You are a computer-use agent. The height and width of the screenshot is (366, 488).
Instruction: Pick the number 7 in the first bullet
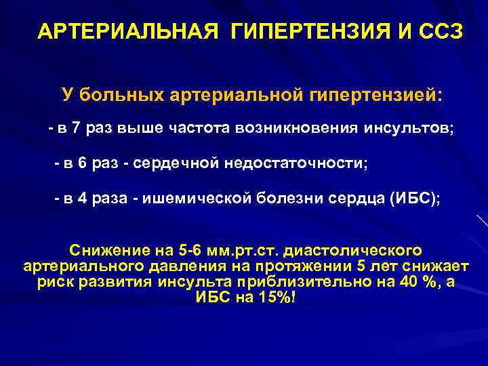75,129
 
